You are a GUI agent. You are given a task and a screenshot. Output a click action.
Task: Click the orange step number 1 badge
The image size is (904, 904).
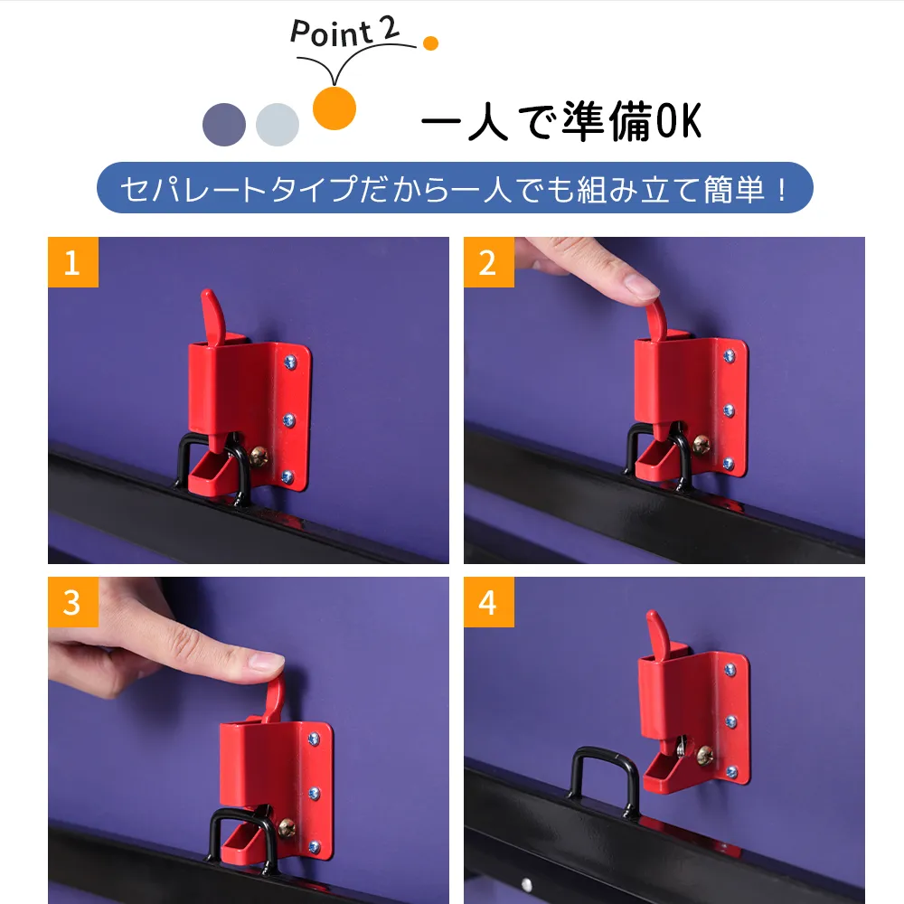coord(72,262)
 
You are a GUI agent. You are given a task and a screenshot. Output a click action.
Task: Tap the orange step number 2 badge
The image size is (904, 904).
coord(489,262)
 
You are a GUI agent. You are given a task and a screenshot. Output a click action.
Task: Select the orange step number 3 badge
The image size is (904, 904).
coord(72,602)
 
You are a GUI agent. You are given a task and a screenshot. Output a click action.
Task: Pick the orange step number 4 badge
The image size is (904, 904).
coord(489,602)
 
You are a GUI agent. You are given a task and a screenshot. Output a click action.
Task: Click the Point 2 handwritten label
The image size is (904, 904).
coord(344,32)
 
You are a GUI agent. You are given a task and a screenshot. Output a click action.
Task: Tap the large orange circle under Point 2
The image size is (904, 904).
coord(334,108)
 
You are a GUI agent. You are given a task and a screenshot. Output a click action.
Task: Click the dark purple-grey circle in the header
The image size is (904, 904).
coord(224,125)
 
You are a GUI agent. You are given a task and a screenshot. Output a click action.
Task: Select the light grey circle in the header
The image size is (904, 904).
coord(278,125)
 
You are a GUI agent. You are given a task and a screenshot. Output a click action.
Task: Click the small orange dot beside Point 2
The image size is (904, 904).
coord(430,43)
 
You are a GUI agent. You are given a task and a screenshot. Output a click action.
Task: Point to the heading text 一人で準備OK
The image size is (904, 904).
coord(561,121)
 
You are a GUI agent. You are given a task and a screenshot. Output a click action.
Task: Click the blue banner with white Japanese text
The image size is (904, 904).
coord(455,188)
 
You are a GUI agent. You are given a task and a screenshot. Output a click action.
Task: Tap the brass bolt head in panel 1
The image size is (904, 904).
coord(258,457)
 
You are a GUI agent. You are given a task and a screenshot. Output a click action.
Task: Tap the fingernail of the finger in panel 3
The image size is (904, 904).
coord(266,660)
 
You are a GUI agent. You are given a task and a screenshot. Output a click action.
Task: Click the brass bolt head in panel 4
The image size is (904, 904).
coord(704,755)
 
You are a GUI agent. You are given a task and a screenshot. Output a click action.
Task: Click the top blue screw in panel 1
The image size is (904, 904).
coord(290,363)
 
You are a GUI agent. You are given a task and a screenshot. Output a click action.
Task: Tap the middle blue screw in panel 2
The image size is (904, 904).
coord(729,410)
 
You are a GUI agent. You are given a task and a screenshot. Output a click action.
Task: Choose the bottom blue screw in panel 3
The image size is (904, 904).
coord(315,847)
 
